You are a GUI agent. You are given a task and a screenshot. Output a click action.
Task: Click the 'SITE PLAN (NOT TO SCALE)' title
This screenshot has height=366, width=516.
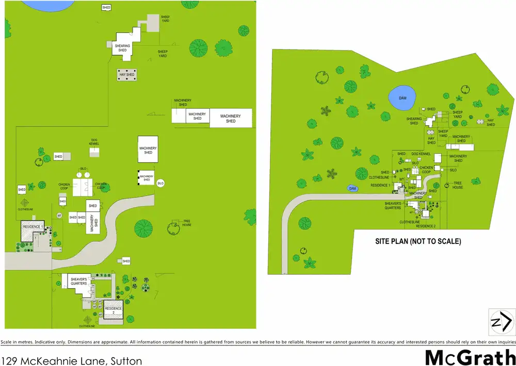417,241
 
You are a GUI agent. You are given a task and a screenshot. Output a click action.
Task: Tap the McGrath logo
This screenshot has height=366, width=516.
470,357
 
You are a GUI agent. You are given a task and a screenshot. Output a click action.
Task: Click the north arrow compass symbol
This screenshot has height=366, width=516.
501,323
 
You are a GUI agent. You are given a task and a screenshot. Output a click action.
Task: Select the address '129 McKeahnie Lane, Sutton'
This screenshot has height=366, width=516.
72,361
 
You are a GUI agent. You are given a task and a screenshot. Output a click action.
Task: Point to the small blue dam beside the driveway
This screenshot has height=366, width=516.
352,189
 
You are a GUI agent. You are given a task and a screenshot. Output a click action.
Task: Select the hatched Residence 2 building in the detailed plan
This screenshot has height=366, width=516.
114,311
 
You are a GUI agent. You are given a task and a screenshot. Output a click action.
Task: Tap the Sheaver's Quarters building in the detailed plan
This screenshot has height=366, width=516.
78,281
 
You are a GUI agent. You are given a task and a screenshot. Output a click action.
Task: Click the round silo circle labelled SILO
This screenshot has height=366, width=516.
160,183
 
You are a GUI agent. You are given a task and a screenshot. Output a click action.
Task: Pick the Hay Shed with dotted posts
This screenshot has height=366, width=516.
127,75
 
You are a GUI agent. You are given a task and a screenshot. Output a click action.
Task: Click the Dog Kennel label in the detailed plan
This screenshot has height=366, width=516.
94,142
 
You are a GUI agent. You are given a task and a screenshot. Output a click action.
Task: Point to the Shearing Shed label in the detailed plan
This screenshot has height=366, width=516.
122,48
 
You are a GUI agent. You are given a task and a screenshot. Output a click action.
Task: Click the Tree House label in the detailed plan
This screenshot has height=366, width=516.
187,224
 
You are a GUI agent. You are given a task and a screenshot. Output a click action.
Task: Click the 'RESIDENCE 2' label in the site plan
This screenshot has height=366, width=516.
426,226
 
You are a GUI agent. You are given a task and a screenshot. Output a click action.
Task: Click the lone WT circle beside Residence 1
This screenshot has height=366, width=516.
59,215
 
